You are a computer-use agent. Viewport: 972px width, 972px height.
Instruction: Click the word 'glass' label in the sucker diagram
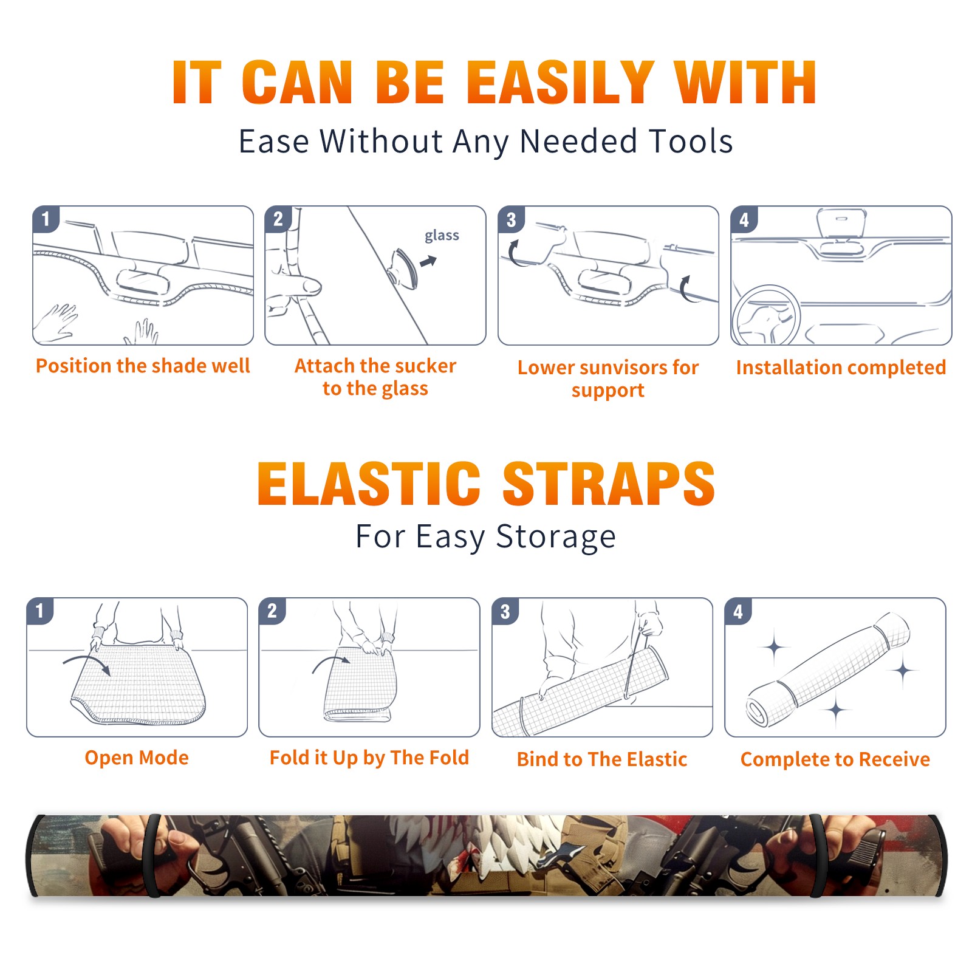point(442,236)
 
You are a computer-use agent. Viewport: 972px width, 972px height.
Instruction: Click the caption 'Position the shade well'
point(143,366)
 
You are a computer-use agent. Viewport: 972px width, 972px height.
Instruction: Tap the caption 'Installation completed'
point(841,368)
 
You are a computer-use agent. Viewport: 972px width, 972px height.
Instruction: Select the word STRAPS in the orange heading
point(609,484)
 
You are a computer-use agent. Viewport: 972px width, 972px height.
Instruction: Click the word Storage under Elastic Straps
point(556,537)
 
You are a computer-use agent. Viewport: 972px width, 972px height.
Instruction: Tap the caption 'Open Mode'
point(137,758)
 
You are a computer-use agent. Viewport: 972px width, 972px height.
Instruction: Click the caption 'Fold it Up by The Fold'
point(369,758)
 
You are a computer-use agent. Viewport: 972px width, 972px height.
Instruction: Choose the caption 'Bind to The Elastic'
point(602,759)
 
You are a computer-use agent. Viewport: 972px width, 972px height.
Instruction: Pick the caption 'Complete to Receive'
point(835,759)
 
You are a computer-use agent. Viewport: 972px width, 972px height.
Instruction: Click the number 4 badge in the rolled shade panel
point(738,611)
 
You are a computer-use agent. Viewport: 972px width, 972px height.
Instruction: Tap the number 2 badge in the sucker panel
point(278,219)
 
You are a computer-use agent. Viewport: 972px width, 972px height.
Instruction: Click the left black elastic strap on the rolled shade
point(152,856)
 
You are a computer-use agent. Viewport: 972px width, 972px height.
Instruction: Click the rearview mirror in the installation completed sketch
point(841,223)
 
